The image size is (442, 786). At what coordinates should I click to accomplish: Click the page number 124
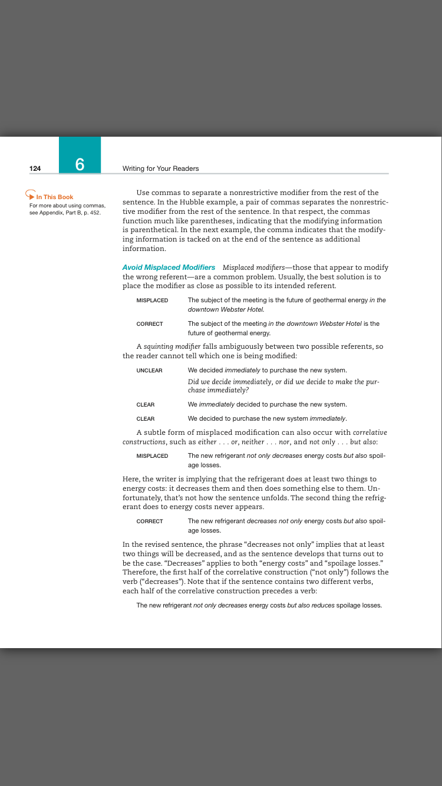point(35,169)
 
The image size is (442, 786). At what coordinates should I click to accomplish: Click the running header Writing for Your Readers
point(160,169)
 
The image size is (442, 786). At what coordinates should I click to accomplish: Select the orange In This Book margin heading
point(55,197)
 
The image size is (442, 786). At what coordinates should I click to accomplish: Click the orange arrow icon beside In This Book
point(29,194)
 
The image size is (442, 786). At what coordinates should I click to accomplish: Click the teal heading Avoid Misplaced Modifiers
point(169,267)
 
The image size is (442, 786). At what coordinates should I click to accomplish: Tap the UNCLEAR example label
point(149,370)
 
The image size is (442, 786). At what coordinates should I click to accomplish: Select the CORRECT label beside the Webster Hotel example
point(150,323)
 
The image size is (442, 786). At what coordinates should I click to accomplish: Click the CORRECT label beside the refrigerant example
point(150,521)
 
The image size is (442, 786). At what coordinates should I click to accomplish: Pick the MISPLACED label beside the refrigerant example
point(152,455)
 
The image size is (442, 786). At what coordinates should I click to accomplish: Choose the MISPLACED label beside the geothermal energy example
point(152,300)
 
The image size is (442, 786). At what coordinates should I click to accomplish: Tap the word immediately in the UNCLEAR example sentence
point(241,370)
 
